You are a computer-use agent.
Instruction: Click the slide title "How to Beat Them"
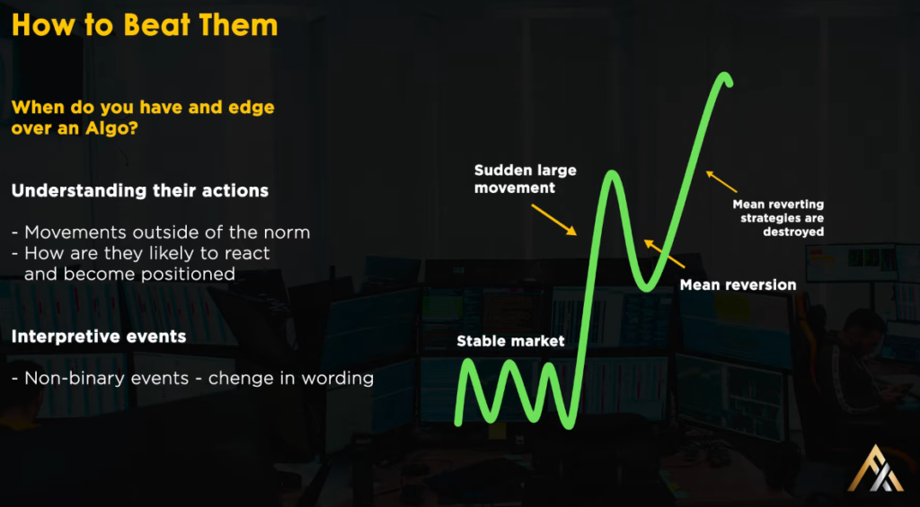tap(145, 26)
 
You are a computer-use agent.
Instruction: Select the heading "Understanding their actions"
tap(140, 191)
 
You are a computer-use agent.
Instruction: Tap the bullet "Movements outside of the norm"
tap(162, 232)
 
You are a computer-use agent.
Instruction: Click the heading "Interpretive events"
tap(99, 337)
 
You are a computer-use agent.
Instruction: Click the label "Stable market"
tap(510, 340)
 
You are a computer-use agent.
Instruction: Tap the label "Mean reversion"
tap(738, 285)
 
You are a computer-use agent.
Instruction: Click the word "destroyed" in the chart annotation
tap(793, 232)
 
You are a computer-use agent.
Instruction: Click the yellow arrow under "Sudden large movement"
tap(553, 219)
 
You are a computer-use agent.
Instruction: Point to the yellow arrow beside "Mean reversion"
tap(664, 253)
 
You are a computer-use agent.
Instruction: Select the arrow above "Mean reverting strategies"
tap(721, 181)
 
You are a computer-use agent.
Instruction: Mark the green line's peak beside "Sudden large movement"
tap(611, 175)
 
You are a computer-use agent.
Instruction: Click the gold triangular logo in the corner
tap(875, 468)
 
